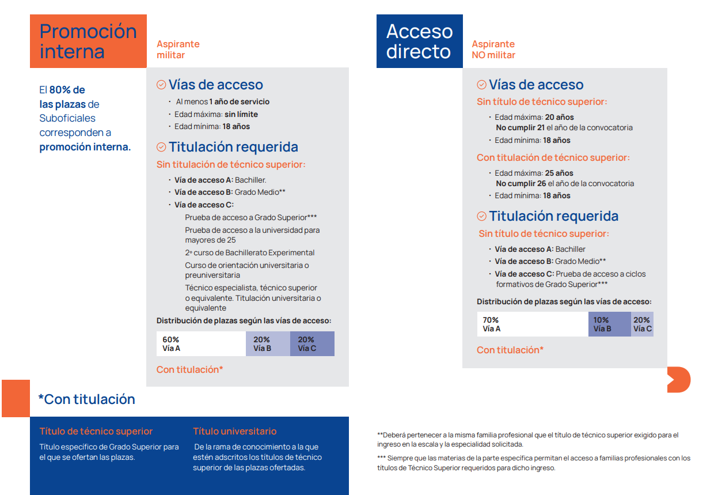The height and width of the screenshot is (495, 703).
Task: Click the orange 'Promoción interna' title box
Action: [88, 41]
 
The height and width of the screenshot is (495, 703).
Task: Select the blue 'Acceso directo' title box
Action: [419, 41]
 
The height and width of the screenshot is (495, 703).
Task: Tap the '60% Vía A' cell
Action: [201, 343]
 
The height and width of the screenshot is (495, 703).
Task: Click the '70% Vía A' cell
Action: [532, 324]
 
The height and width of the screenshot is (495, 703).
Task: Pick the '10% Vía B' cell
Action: [609, 324]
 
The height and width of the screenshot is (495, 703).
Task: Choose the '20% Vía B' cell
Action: [267, 343]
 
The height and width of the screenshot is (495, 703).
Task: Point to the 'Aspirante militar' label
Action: [178, 50]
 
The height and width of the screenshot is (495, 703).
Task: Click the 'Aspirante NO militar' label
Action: [493, 50]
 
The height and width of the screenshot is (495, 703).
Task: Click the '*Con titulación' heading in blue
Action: [86, 399]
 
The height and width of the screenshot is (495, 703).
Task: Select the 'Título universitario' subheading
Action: [234, 431]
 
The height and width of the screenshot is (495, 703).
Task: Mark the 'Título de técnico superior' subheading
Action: [96, 431]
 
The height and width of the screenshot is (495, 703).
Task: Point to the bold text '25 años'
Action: [558, 173]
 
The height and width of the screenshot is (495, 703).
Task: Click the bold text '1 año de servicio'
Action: [239, 101]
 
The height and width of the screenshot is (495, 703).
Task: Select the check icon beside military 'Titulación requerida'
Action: [161, 147]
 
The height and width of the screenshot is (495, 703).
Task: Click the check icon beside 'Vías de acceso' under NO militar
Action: [482, 85]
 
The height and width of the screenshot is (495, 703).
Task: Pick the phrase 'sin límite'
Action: [241, 114]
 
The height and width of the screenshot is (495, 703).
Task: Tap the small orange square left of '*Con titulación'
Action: [16, 398]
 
